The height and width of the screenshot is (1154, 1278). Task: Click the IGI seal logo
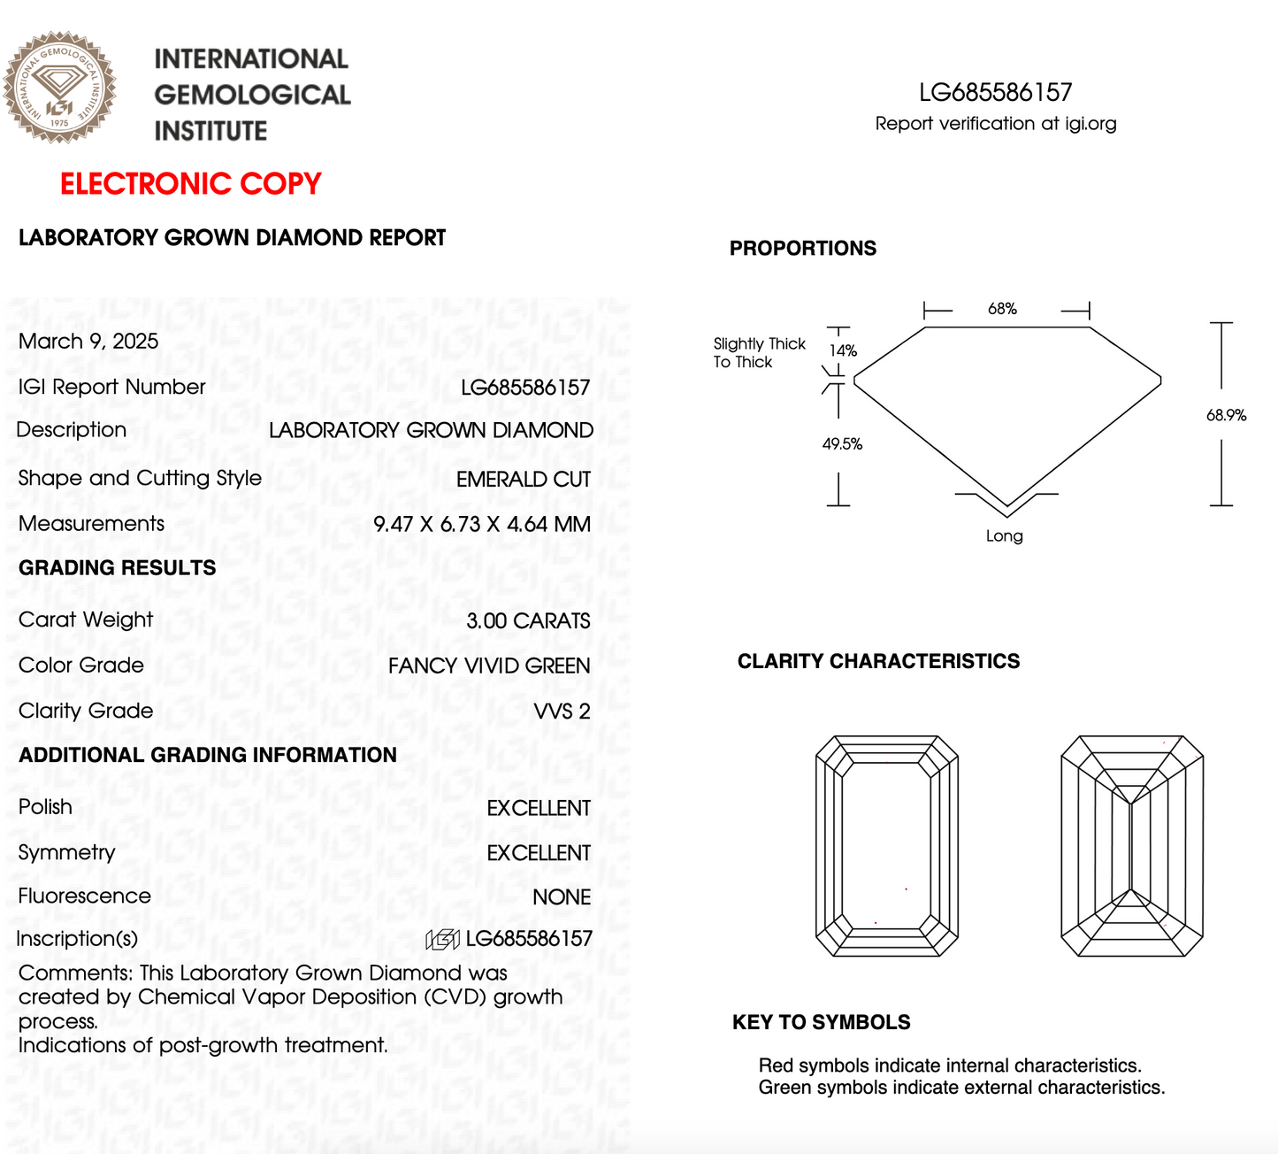click(x=59, y=88)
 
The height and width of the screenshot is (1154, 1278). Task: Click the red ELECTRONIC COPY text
click(x=190, y=184)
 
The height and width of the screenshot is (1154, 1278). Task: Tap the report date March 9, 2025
click(x=88, y=342)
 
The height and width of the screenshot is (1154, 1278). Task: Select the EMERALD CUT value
click(x=523, y=479)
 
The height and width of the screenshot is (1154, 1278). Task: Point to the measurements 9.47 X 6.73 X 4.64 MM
click(x=481, y=524)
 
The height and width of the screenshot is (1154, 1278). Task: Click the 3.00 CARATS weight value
click(x=528, y=621)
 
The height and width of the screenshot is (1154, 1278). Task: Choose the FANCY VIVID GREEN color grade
click(x=489, y=666)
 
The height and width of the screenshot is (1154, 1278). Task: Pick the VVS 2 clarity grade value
click(x=562, y=712)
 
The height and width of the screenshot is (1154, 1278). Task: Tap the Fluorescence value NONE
click(x=561, y=897)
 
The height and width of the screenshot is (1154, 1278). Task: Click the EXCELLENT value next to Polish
click(x=538, y=808)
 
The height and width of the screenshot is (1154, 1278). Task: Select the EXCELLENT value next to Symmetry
click(x=538, y=853)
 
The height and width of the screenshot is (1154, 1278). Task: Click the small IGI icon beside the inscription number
click(x=442, y=939)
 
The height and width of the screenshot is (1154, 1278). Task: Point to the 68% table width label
click(x=1002, y=309)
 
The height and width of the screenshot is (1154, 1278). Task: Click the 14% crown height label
click(x=843, y=350)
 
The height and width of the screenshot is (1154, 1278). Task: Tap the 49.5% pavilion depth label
click(x=842, y=444)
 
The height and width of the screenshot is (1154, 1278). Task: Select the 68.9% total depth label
click(x=1226, y=415)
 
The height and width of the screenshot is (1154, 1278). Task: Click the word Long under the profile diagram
click(x=1004, y=536)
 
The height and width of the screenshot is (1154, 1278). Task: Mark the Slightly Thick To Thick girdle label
click(x=759, y=353)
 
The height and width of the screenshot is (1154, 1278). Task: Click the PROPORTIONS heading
click(x=802, y=249)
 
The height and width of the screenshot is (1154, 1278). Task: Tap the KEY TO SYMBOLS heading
click(x=821, y=1023)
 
